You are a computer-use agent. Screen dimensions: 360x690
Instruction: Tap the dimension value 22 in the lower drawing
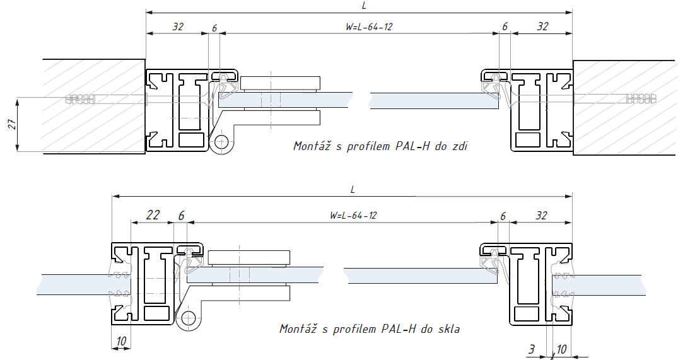153,215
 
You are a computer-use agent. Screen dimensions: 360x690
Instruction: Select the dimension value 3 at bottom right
533,348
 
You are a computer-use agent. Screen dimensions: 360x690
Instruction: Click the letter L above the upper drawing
365,5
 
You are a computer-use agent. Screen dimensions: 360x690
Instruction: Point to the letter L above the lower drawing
353,189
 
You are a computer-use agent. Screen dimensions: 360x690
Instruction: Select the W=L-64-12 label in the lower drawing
353,215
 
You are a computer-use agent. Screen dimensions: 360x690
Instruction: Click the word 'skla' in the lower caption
448,328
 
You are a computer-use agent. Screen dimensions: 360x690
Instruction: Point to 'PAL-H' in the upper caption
413,146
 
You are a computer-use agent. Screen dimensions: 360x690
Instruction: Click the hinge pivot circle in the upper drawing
221,142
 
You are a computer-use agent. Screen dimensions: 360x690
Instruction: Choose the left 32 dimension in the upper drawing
178,26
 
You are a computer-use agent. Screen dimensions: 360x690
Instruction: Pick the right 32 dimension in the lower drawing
541,215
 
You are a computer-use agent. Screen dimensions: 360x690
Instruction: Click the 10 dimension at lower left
122,341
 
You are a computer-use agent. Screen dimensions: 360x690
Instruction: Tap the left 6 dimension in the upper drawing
214,28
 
